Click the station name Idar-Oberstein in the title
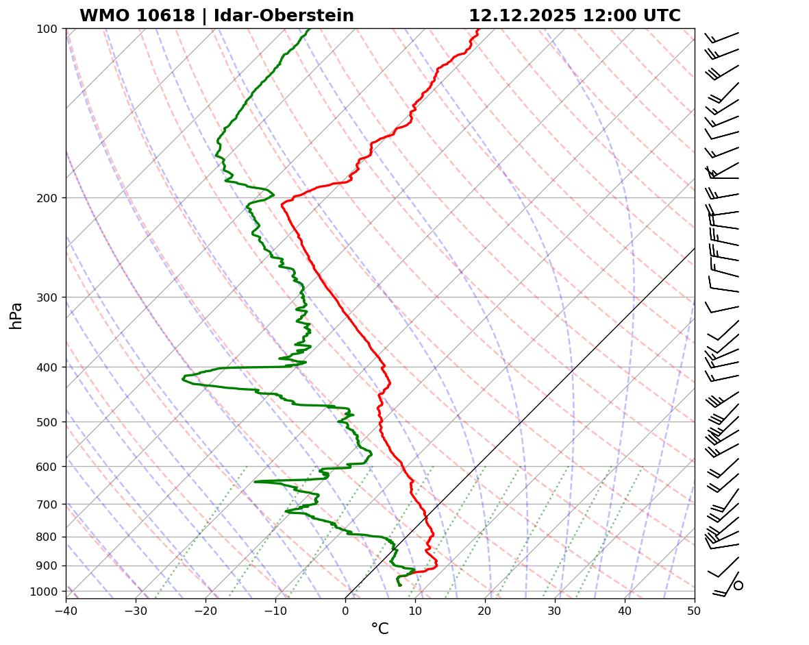click(x=284, y=16)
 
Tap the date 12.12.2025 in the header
click(x=522, y=16)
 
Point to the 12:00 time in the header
click(x=606, y=16)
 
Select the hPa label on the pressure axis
click(x=16, y=315)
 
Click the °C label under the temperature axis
click(x=379, y=629)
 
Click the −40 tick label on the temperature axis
click(x=66, y=610)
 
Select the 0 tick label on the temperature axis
click(x=345, y=610)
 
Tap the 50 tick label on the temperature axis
click(x=695, y=610)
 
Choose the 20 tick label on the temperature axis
click(x=485, y=610)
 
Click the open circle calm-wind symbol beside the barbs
click(x=738, y=585)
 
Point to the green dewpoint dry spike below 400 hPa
click(x=184, y=377)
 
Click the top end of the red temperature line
click(x=479, y=29)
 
